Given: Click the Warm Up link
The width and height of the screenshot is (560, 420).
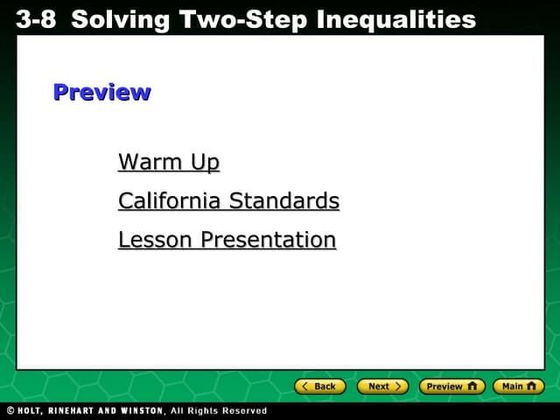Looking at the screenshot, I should pyautogui.click(x=169, y=163).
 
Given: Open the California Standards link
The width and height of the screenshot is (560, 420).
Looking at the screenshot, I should pyautogui.click(x=228, y=201).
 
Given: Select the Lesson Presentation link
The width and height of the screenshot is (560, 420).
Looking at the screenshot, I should pyautogui.click(x=227, y=240).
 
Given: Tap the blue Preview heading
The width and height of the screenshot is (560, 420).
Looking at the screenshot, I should pyautogui.click(x=101, y=92).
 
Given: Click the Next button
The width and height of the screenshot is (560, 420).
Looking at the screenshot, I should pyautogui.click(x=382, y=386).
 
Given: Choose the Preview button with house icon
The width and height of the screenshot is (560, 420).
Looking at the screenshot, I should pyautogui.click(x=451, y=386).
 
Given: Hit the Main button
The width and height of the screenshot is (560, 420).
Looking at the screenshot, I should pyautogui.click(x=518, y=386).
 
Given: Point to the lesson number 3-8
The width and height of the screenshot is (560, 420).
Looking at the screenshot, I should pyautogui.click(x=35, y=18).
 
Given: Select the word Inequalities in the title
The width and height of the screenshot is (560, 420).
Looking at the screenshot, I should pyautogui.click(x=404, y=18).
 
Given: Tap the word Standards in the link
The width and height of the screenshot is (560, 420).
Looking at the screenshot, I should pyautogui.click(x=283, y=201).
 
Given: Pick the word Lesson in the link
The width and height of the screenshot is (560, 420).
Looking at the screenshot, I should pyautogui.click(x=156, y=240).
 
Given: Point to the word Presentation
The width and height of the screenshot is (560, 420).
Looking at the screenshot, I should pyautogui.click(x=268, y=240).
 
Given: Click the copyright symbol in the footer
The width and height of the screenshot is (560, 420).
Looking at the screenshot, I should pyautogui.click(x=10, y=410).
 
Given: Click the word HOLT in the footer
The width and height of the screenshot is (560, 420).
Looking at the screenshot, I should pyautogui.click(x=32, y=410).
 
